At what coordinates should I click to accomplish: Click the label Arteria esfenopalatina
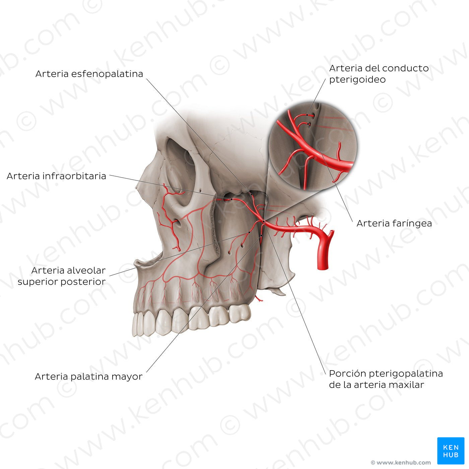point(89,74)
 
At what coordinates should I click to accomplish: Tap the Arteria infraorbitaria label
point(56,176)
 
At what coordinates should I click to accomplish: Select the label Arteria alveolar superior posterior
point(62,276)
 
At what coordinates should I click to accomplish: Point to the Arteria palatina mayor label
point(88,377)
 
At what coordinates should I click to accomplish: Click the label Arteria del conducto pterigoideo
point(379,74)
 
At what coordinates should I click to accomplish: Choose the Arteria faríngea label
point(394,223)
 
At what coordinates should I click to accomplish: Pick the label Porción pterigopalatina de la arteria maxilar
point(386,379)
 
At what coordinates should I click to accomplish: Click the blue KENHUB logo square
point(451,451)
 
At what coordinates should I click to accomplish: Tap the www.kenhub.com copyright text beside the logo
point(401,463)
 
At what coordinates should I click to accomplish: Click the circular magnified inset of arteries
point(313,146)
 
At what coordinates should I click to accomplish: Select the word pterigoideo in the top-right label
point(357,80)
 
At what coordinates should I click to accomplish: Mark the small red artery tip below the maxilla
point(259,298)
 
